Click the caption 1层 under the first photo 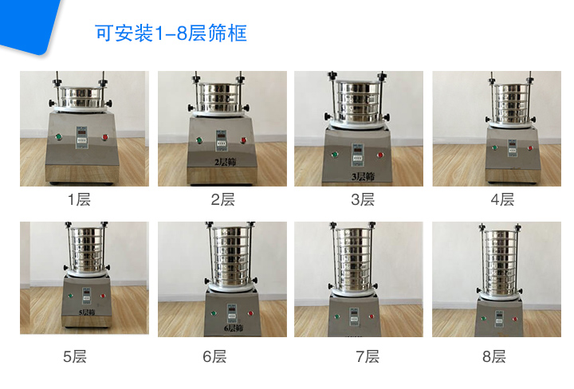[x=79, y=199]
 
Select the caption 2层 [x=222, y=199]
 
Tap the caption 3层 [x=363, y=199]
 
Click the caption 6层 [x=214, y=356]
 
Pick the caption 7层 [x=368, y=356]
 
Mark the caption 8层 [x=494, y=356]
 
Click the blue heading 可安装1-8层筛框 [x=171, y=33]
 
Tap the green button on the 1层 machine [x=58, y=138]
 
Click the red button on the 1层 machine [x=105, y=138]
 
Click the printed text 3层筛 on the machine [x=363, y=175]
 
